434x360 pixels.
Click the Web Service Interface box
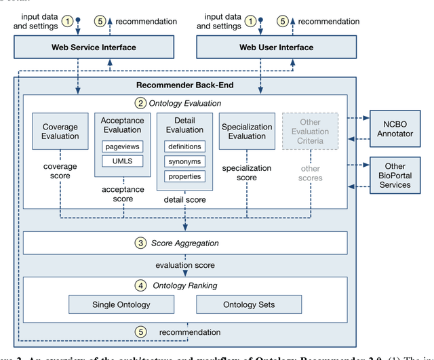click(94, 47)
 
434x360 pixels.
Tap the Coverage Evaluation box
click(60, 132)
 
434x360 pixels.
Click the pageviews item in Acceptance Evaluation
click(123, 146)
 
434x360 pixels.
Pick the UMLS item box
click(123, 161)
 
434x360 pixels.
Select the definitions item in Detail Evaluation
click(184, 146)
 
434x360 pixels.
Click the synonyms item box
click(184, 161)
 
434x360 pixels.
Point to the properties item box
click(184, 176)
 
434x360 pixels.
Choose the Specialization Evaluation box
click(247, 132)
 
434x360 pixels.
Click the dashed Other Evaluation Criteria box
click(310, 132)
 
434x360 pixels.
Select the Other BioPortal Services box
click(395, 175)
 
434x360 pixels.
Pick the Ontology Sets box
click(249, 304)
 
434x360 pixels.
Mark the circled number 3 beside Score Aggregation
click(141, 243)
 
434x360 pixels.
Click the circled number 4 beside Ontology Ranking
click(141, 285)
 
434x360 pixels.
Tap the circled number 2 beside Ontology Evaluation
click(140, 103)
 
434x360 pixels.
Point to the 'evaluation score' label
click(184, 266)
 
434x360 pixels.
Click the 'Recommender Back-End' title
click(184, 85)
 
